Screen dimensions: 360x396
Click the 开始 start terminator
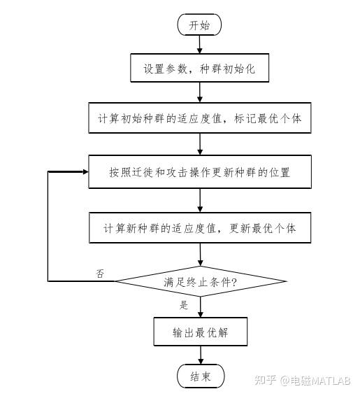pos(199,24)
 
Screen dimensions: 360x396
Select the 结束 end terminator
pos(201,376)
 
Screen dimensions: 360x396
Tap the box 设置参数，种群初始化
pos(199,68)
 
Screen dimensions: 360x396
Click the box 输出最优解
pos(201,332)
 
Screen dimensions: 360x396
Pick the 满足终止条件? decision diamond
pos(201,281)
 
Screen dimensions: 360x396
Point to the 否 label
pos(100,274)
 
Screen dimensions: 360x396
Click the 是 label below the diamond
pos(184,305)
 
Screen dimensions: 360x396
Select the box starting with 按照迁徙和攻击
pos(200,171)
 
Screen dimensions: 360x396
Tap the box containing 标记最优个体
pos(200,118)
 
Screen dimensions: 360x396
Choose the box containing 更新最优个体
pos(200,227)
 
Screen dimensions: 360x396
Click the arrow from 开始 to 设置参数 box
pos(199,45)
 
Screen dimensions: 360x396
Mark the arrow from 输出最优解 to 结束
pos(201,355)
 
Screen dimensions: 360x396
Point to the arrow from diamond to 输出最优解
pos(201,307)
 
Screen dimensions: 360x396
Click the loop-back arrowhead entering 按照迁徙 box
pos(86,171)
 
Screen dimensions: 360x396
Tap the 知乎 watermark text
pos(265,380)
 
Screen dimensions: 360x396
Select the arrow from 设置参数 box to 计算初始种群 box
pos(200,92)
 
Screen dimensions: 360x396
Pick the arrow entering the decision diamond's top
pos(201,255)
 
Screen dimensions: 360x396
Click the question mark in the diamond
pos(234,282)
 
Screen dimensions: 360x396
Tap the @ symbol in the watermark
pos(285,381)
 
